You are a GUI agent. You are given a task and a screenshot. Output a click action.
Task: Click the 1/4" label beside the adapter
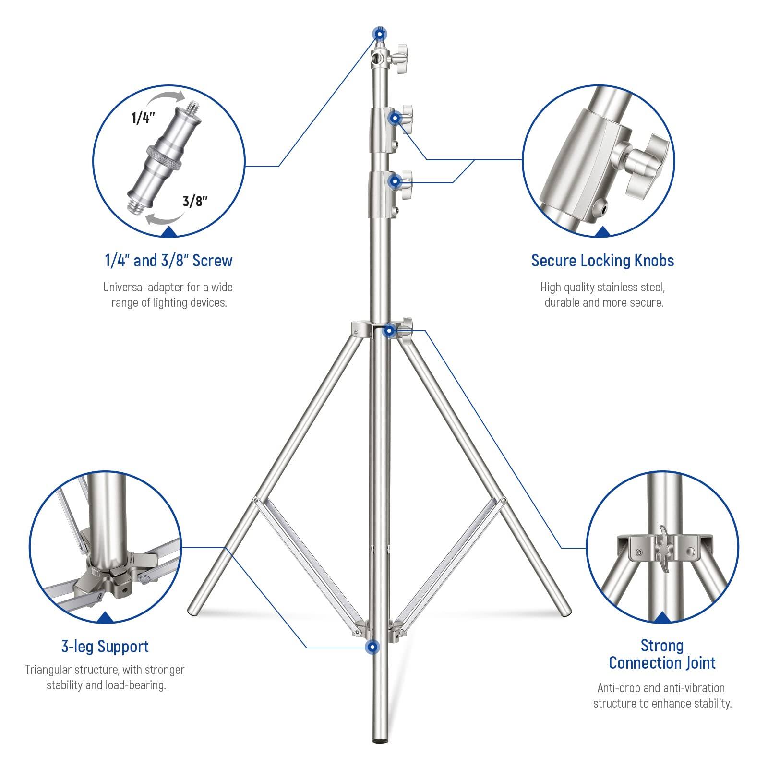(x=143, y=118)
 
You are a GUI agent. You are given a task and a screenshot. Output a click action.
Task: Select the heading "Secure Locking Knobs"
(x=602, y=261)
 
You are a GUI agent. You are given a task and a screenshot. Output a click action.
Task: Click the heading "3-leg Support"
(x=105, y=647)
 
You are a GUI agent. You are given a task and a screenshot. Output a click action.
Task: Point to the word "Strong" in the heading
(x=662, y=646)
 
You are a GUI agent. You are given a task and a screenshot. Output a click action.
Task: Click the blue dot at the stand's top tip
(x=380, y=35)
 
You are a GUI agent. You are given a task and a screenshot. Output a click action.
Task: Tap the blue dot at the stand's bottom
(x=372, y=647)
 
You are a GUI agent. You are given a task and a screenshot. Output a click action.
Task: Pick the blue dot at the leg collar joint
(x=390, y=331)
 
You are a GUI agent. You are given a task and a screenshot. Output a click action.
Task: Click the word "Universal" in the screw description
(x=124, y=288)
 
